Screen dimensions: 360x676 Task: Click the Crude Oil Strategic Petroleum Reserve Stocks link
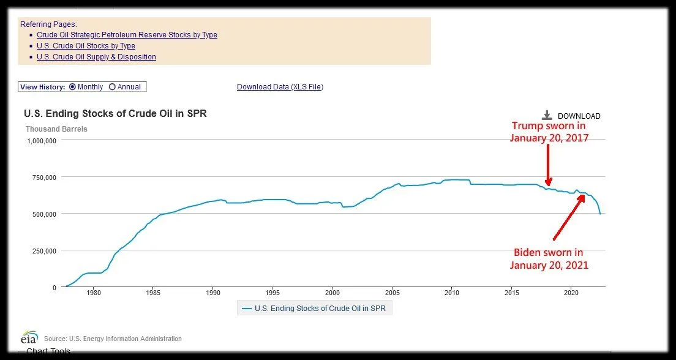click(x=127, y=35)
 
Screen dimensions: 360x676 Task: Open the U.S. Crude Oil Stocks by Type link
click(x=86, y=46)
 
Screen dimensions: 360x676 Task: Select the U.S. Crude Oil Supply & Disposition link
click(x=96, y=57)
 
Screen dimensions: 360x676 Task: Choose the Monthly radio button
click(x=73, y=87)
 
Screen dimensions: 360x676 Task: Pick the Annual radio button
click(x=112, y=87)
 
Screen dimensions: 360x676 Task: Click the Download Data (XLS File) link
click(x=280, y=87)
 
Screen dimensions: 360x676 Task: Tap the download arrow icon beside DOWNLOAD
click(x=547, y=115)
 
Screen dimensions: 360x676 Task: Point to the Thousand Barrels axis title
click(x=56, y=129)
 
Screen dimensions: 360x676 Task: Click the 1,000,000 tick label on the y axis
click(x=42, y=141)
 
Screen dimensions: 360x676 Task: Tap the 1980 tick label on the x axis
click(x=94, y=293)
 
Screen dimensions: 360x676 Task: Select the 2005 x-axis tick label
click(x=392, y=293)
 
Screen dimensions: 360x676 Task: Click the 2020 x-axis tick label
click(x=571, y=293)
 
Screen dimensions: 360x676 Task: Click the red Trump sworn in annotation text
click(x=549, y=132)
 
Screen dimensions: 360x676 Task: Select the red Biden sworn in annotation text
click(x=549, y=259)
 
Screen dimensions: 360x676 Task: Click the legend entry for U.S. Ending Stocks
click(x=314, y=309)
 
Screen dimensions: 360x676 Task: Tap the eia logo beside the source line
click(x=29, y=338)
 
